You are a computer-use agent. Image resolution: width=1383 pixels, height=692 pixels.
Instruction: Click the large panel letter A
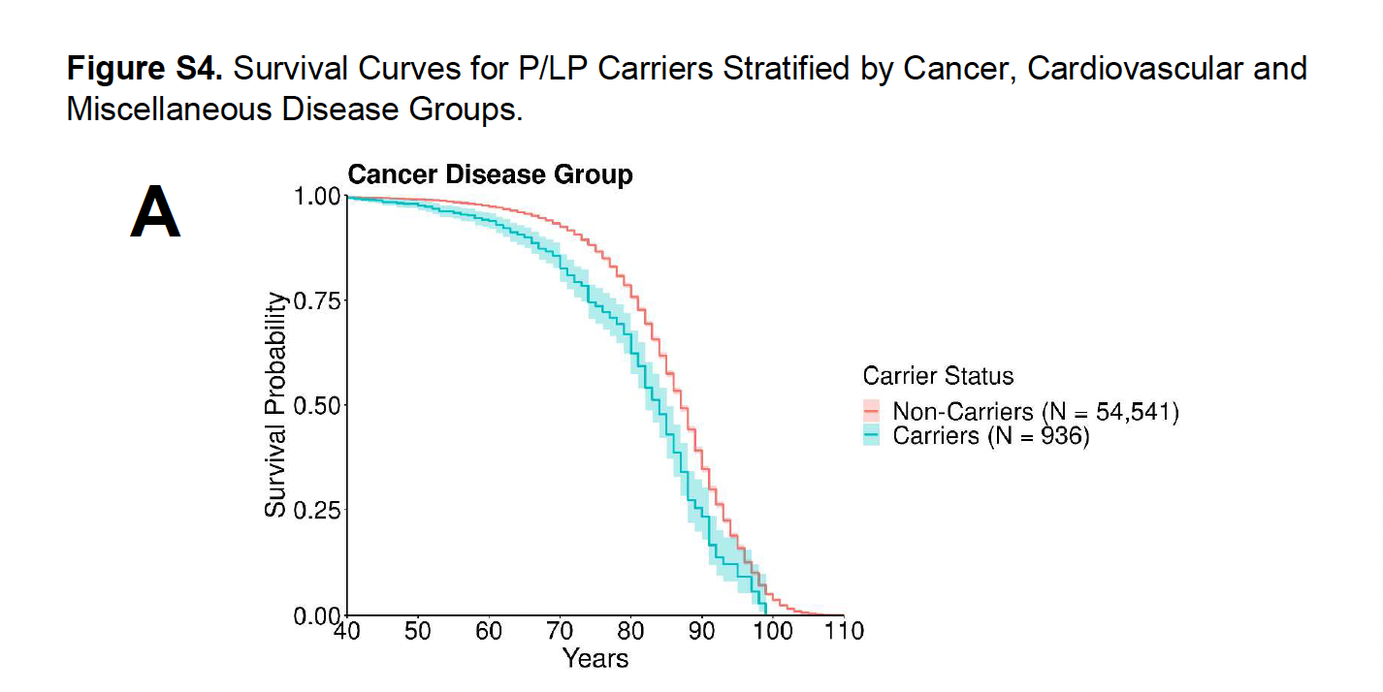click(x=155, y=214)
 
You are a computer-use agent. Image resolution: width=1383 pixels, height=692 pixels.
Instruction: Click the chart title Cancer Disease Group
click(x=490, y=174)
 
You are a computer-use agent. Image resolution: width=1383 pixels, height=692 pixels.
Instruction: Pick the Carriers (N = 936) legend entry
click(x=990, y=436)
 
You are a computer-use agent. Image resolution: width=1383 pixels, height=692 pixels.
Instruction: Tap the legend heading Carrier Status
click(x=938, y=376)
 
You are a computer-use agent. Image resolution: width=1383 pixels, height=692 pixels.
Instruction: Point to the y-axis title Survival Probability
click(x=276, y=404)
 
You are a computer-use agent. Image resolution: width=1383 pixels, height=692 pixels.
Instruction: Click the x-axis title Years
click(x=595, y=659)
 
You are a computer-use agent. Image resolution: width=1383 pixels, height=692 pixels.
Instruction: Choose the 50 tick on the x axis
click(x=418, y=631)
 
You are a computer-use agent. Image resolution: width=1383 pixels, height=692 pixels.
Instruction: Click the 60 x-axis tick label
click(x=489, y=631)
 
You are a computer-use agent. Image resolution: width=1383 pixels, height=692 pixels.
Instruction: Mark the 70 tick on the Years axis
click(x=560, y=631)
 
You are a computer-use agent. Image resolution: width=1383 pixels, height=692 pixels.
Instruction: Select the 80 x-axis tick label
click(x=631, y=631)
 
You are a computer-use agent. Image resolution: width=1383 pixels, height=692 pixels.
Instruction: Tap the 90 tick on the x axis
click(x=702, y=631)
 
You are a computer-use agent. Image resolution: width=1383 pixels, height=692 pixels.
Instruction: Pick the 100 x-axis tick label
click(x=773, y=631)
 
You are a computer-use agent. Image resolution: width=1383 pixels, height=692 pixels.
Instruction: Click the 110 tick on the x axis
click(x=844, y=631)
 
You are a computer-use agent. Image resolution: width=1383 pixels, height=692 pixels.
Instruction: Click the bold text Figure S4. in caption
click(x=145, y=69)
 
